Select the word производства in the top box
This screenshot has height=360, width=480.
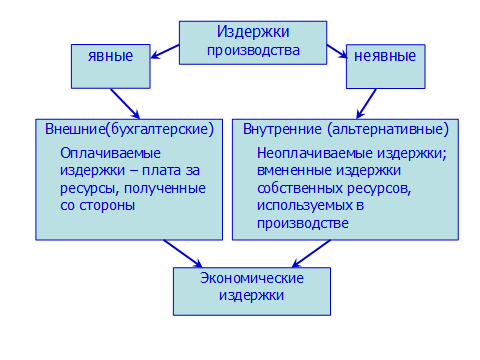253,48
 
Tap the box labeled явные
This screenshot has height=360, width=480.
111,55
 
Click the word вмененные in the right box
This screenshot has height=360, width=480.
294,170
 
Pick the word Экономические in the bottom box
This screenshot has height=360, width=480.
251,277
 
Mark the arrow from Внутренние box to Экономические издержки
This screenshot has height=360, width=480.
311,254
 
